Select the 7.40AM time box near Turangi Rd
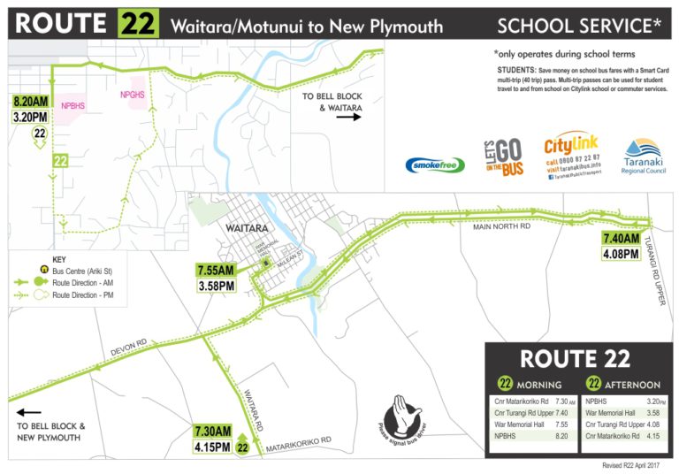621,239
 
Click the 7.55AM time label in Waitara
217,271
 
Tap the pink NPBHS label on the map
73,104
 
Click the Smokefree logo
433,164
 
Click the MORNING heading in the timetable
538,385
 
